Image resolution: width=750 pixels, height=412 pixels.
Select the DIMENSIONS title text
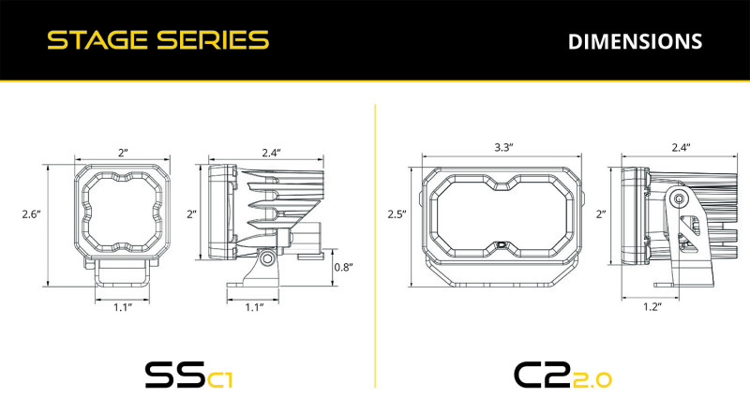click(x=635, y=41)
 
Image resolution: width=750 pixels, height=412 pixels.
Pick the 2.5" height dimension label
click(x=397, y=214)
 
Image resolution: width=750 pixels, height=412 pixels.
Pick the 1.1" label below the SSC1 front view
click(x=122, y=306)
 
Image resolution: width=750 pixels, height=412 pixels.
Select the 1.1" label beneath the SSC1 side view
click(x=253, y=306)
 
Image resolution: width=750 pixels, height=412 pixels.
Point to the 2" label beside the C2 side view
click(x=601, y=214)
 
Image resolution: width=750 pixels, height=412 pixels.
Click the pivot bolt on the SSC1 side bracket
click(x=268, y=257)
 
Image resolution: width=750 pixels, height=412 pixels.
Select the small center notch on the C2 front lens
click(x=502, y=244)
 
